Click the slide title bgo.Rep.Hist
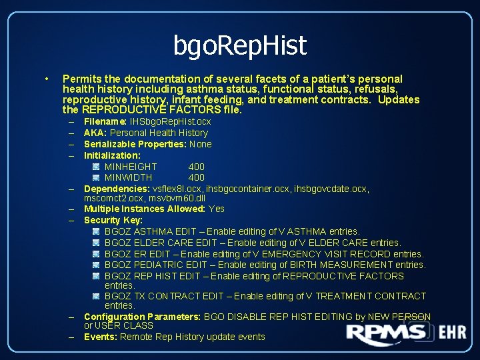[240, 45]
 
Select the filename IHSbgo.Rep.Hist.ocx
[170, 121]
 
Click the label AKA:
[95, 133]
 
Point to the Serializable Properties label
[135, 144]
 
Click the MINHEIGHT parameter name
[131, 167]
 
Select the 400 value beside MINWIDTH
[196, 177]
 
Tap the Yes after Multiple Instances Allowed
[217, 209]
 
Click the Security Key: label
[113, 220]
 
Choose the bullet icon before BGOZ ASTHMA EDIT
[97, 231]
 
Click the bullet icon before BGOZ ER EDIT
[97, 254]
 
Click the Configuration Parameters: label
[143, 317]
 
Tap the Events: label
[100, 337]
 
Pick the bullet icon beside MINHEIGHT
[97, 167]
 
